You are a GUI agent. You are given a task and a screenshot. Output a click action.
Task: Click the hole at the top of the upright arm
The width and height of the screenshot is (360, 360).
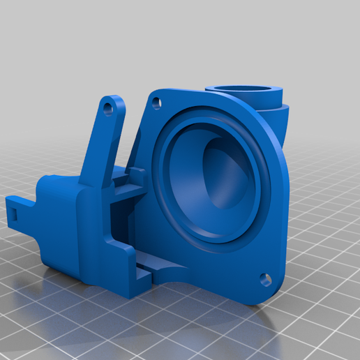108,110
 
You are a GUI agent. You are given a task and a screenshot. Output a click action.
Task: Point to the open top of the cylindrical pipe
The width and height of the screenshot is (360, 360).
243,88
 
